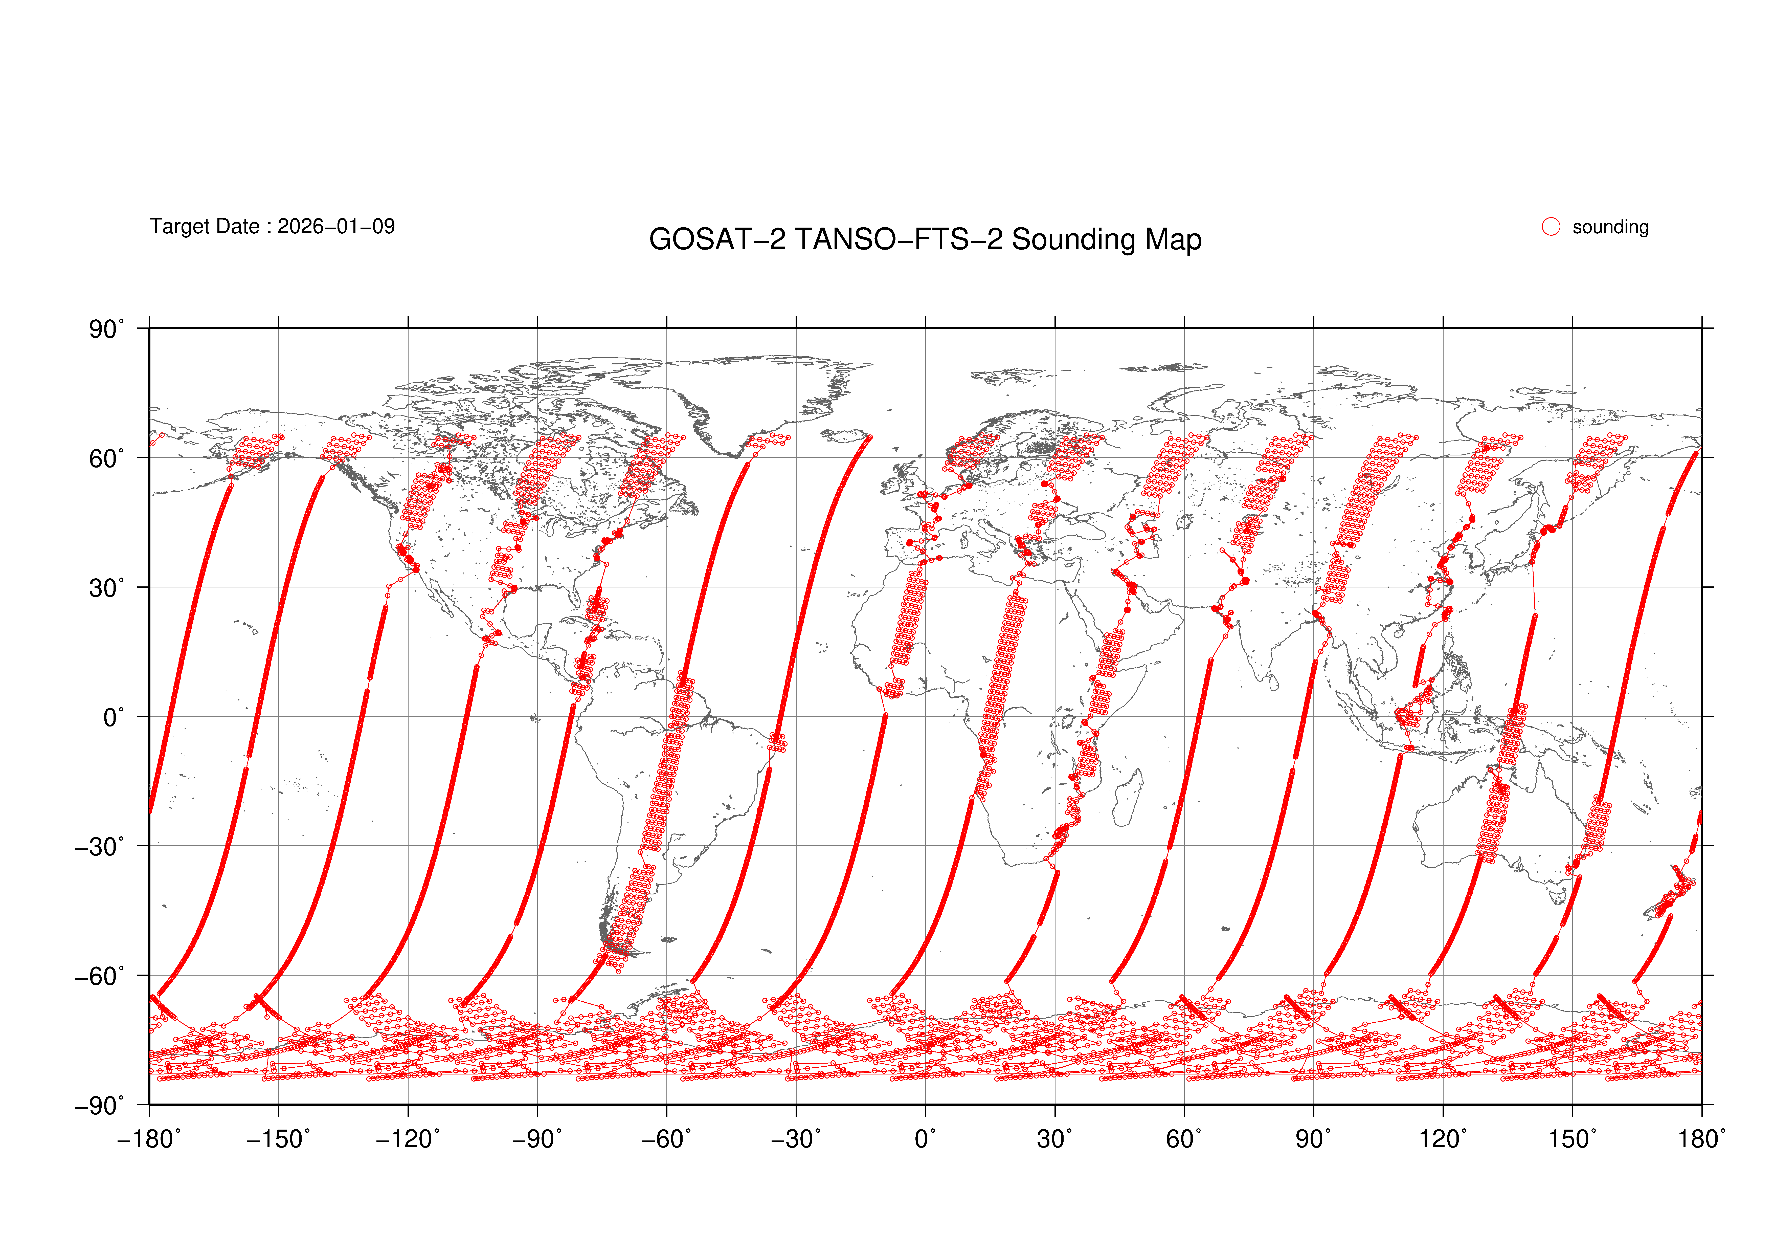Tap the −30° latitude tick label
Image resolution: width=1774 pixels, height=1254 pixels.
99,847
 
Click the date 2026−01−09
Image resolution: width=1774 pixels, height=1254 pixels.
336,226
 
